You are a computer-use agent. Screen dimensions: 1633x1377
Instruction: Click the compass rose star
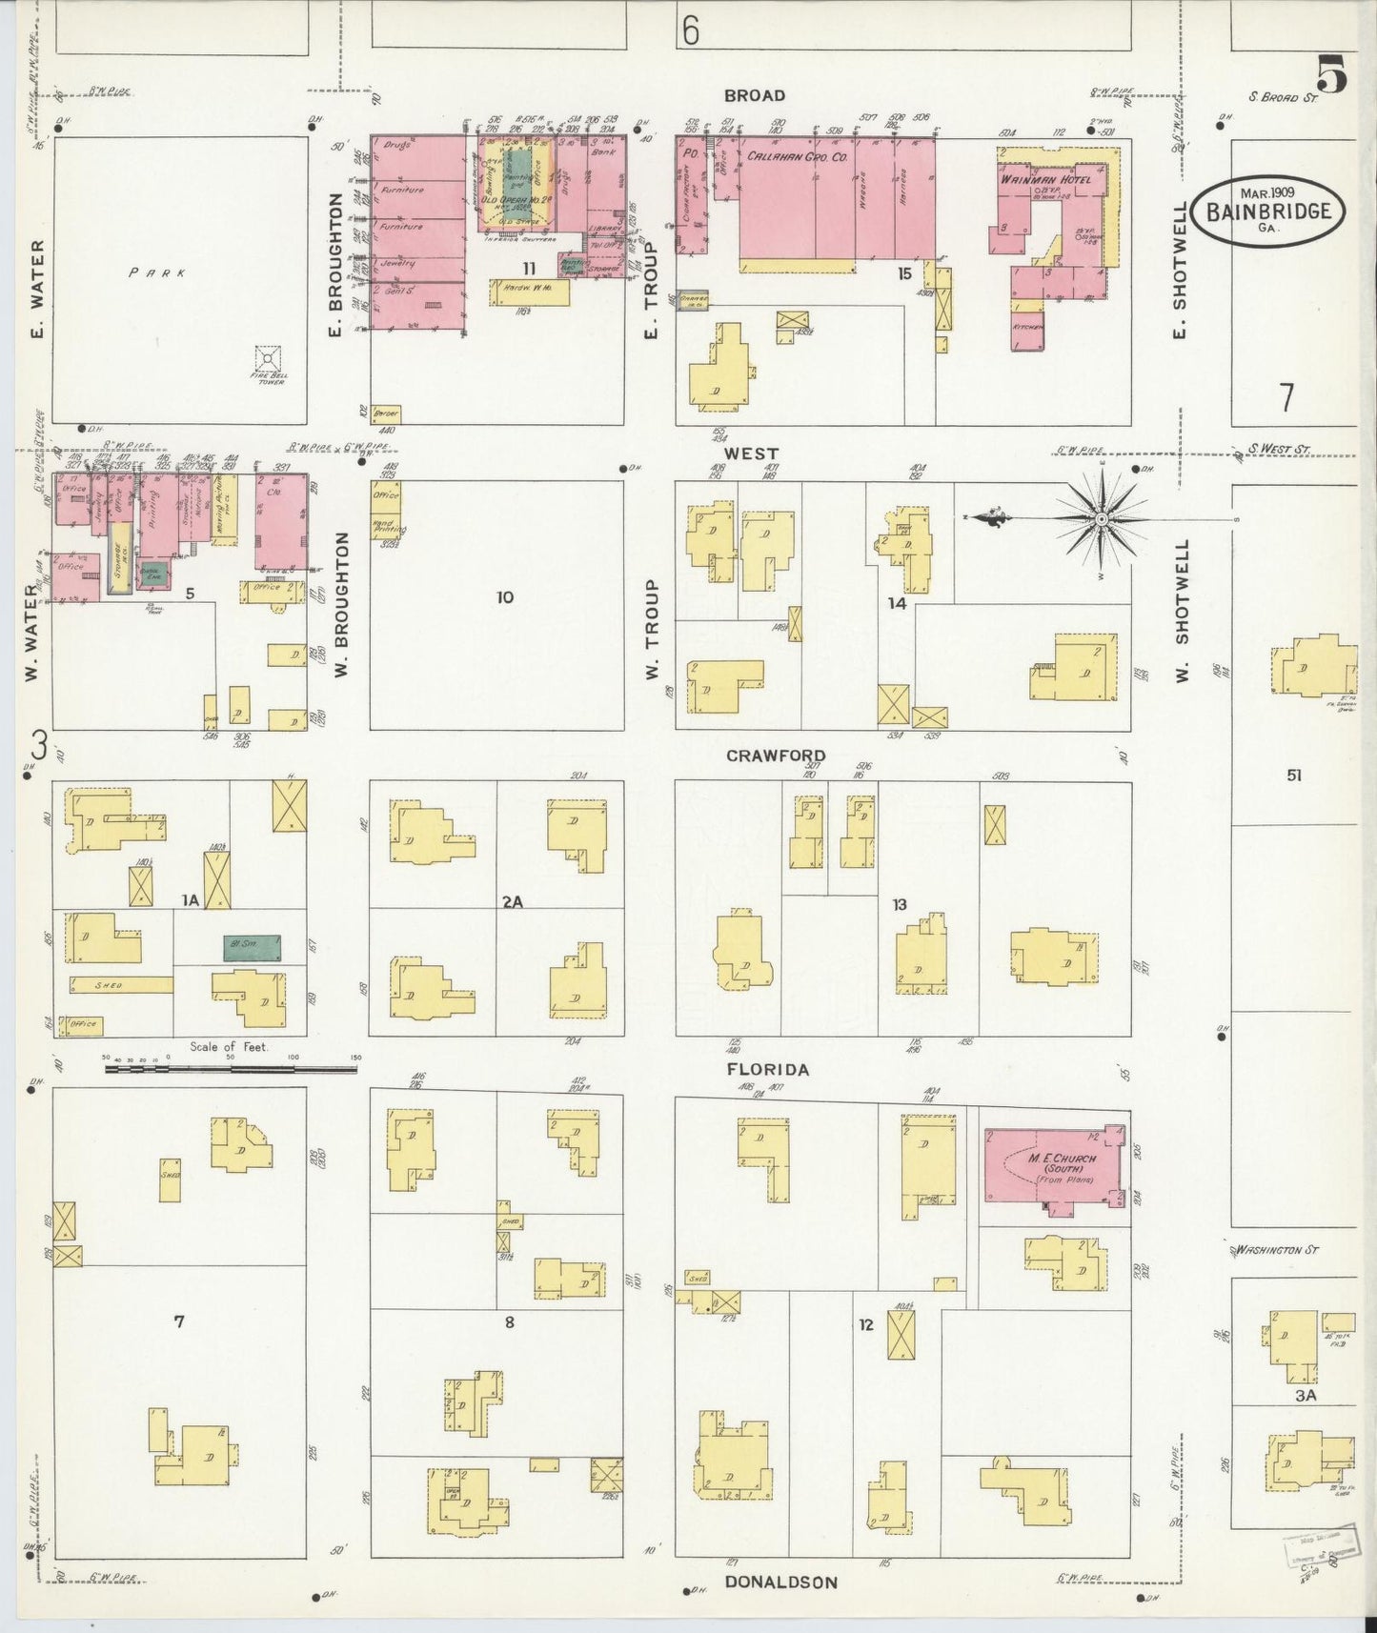pos(1102,518)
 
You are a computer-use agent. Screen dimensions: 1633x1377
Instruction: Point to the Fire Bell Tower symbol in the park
pos(269,359)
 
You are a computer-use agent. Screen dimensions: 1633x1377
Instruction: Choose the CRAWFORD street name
pos(775,756)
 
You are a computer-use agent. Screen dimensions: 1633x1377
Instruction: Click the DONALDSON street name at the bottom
pos(780,1582)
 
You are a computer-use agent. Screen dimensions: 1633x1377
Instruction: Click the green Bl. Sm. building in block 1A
pos(253,947)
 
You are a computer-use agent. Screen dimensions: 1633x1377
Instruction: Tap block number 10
pos(504,597)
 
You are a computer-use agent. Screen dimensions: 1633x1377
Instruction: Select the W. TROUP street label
pos(653,630)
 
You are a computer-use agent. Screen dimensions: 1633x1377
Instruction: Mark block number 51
pos(1293,776)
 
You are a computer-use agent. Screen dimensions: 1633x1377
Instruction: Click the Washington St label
pos(1276,1249)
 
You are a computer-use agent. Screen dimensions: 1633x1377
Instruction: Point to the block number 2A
pos(513,900)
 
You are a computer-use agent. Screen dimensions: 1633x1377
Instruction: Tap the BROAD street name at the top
pos(754,95)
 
